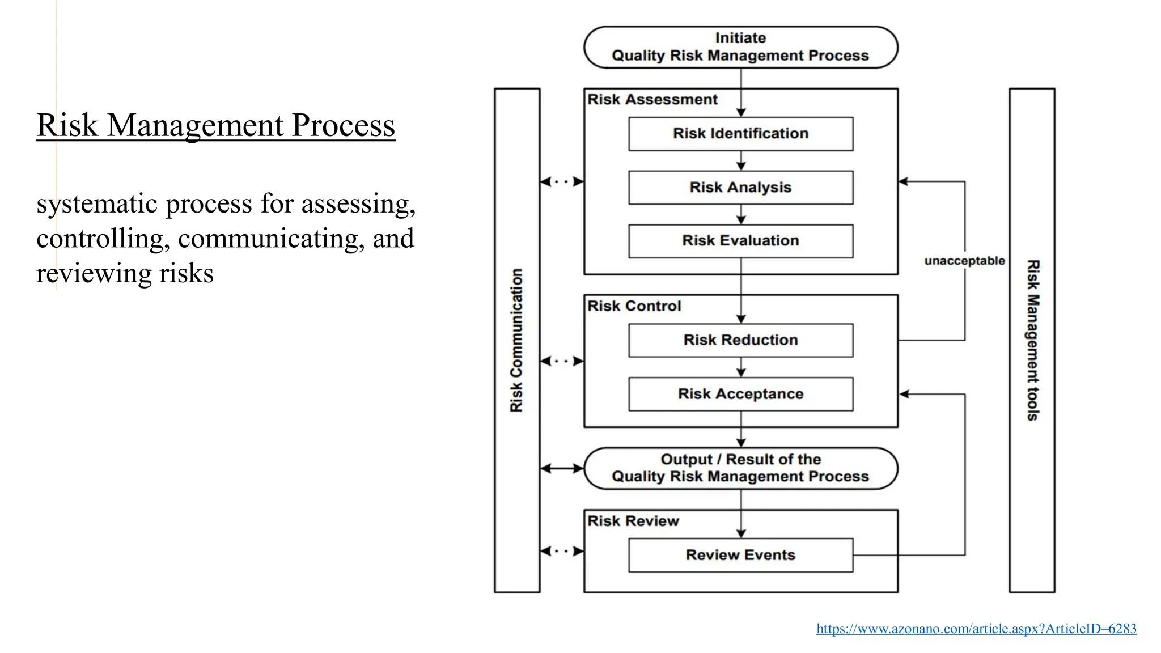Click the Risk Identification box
click(740, 134)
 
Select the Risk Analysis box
click(740, 188)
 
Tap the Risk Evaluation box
click(740, 241)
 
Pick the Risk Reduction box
click(740, 340)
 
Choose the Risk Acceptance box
click(740, 394)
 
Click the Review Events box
click(740, 555)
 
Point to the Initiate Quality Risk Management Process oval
click(740, 47)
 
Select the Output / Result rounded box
click(740, 468)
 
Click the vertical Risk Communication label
click(516, 340)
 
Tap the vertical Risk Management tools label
click(1033, 340)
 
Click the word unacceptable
click(964, 261)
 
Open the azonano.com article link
click(976, 629)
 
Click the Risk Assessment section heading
click(652, 100)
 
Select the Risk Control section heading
click(634, 306)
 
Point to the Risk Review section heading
click(633, 521)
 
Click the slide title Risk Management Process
click(215, 125)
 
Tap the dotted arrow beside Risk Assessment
click(562, 182)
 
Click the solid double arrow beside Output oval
click(562, 468)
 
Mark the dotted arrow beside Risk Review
click(562, 551)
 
